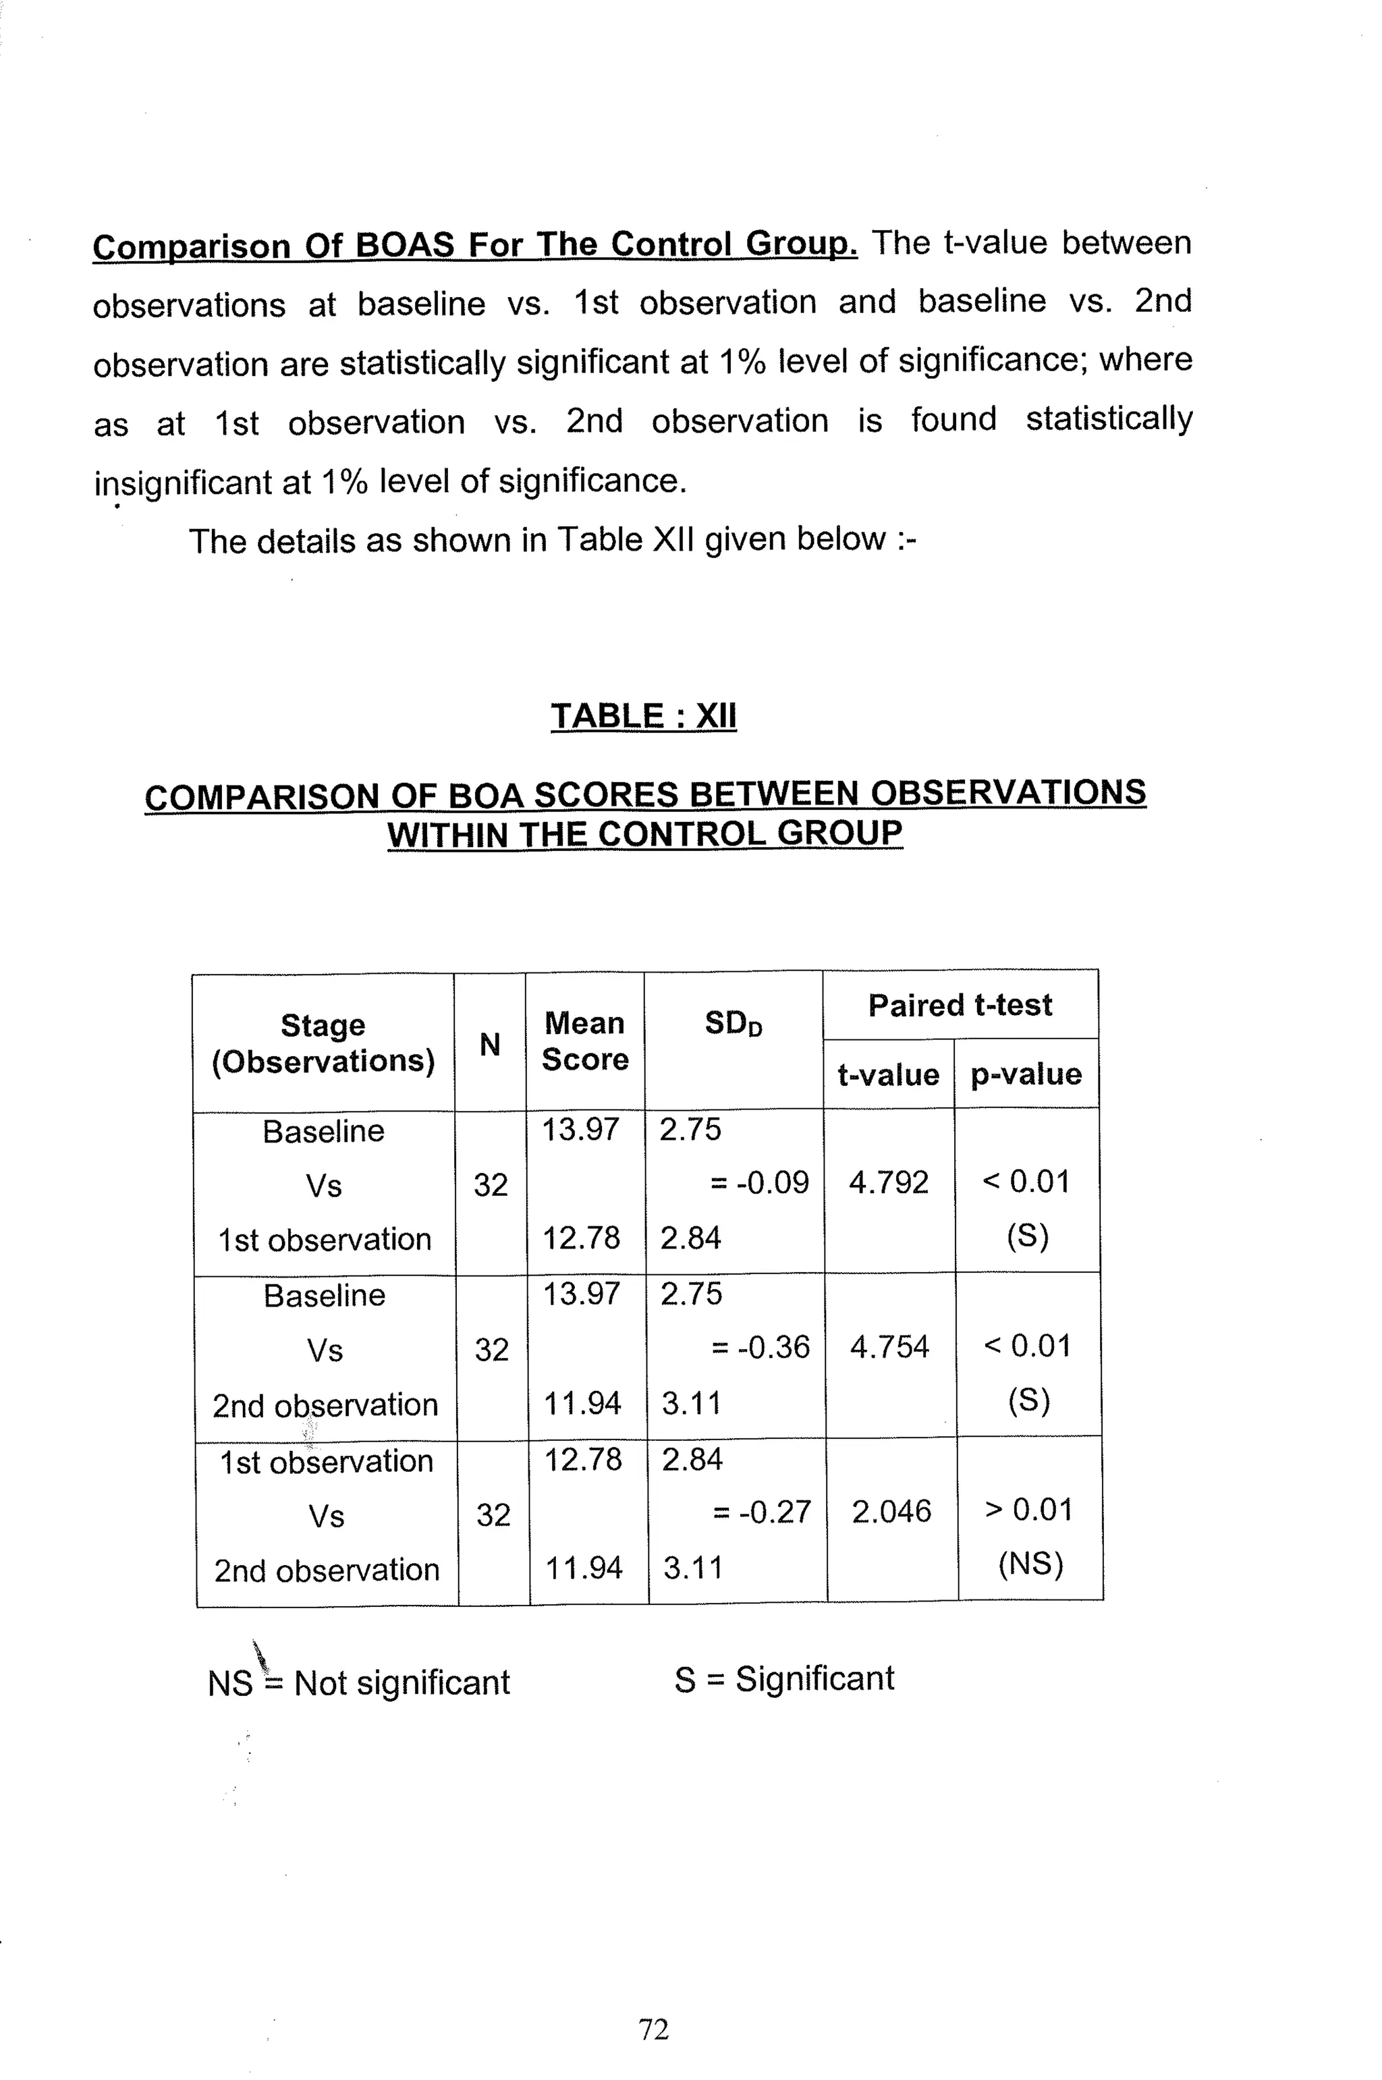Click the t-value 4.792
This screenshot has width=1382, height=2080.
click(x=889, y=1182)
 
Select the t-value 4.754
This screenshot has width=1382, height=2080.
click(x=889, y=1346)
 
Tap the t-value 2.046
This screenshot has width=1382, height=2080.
click(x=891, y=1512)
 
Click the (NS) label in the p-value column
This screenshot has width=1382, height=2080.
click(x=1030, y=1564)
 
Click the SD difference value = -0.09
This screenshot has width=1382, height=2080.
click(x=759, y=1182)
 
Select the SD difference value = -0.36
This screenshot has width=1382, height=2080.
click(x=761, y=1346)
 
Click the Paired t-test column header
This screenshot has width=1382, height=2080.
click(x=960, y=1005)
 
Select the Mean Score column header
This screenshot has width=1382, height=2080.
click(x=584, y=1041)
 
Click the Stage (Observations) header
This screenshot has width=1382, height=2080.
click(x=323, y=1043)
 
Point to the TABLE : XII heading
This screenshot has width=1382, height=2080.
click(x=643, y=715)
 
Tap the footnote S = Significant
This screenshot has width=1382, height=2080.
click(x=783, y=1679)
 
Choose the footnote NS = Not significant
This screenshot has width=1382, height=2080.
click(x=359, y=1682)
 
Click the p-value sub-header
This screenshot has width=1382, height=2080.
click(x=1026, y=1074)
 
